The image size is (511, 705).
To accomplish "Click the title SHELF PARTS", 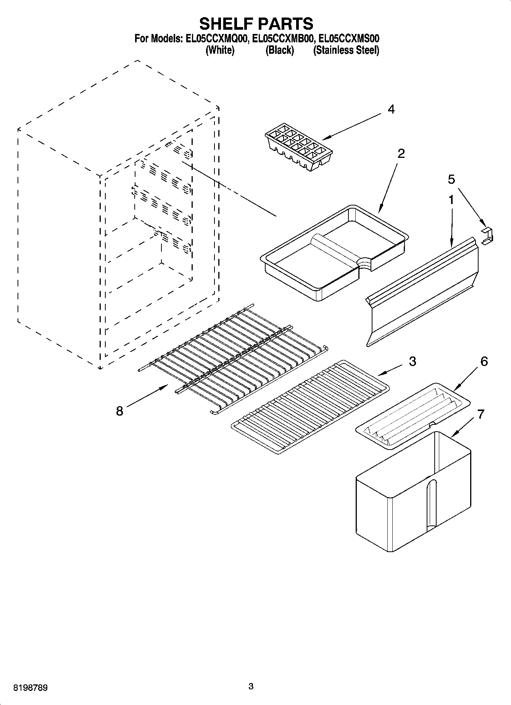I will tap(256, 24).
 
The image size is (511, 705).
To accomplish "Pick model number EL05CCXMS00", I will tap(349, 39).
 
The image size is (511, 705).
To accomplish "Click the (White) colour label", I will tap(220, 50).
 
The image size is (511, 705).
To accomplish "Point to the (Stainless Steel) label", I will tap(346, 50).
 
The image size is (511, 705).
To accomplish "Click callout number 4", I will tap(391, 110).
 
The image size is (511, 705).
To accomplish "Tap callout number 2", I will tap(401, 154).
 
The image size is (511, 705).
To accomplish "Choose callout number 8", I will tap(119, 411).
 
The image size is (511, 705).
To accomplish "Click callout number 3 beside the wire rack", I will tap(412, 361).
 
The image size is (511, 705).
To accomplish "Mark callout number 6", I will tap(484, 361).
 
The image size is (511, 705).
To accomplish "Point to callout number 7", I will tap(480, 414).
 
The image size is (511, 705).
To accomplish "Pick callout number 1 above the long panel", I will tap(451, 199).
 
